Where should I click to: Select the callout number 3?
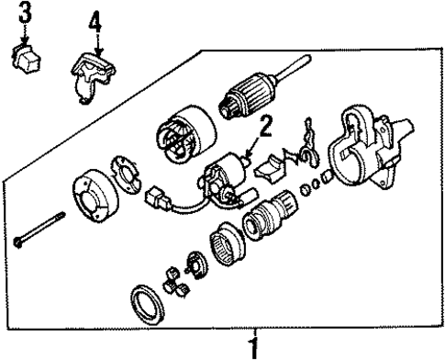tap(26, 13)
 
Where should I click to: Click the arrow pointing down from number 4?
tap(96, 41)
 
